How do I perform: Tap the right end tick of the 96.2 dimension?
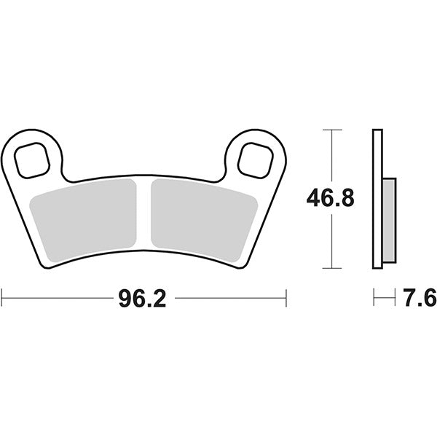pyautogui.click(x=286, y=298)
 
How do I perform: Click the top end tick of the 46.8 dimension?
pyautogui.click(x=331, y=130)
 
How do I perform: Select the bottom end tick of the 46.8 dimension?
pyautogui.click(x=331, y=267)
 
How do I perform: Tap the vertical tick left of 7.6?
pyautogui.click(x=373, y=298)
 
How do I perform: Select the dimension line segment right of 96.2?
pyautogui.click(x=229, y=298)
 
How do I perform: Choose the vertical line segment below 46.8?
pyautogui.click(x=331, y=240)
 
